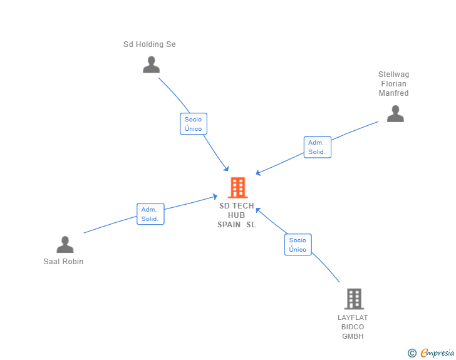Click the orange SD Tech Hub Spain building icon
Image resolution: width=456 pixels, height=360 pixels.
click(237, 187)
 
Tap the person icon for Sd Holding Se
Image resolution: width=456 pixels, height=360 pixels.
click(151, 64)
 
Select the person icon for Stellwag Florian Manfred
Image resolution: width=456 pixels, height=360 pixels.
click(395, 113)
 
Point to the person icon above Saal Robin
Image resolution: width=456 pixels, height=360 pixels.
click(65, 244)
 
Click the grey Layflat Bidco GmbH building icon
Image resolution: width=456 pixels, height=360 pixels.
click(354, 299)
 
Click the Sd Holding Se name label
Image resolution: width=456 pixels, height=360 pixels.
click(150, 44)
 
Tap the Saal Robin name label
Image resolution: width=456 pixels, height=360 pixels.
click(63, 262)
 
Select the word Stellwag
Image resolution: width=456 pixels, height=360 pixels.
click(393, 75)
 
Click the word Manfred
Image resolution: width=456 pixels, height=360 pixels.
click(393, 93)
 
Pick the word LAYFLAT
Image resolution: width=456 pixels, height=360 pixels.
click(353, 317)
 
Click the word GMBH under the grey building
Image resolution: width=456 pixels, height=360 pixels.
click(353, 336)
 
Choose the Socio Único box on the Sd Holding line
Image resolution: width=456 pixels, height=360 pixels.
click(193, 124)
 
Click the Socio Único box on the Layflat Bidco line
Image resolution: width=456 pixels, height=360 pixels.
click(298, 245)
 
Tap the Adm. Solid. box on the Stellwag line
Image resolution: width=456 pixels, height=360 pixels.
click(316, 147)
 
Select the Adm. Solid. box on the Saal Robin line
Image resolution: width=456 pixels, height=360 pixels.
click(150, 214)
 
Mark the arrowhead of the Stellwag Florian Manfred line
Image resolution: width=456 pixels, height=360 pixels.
click(257, 173)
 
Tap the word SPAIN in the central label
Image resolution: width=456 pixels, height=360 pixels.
click(229, 225)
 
